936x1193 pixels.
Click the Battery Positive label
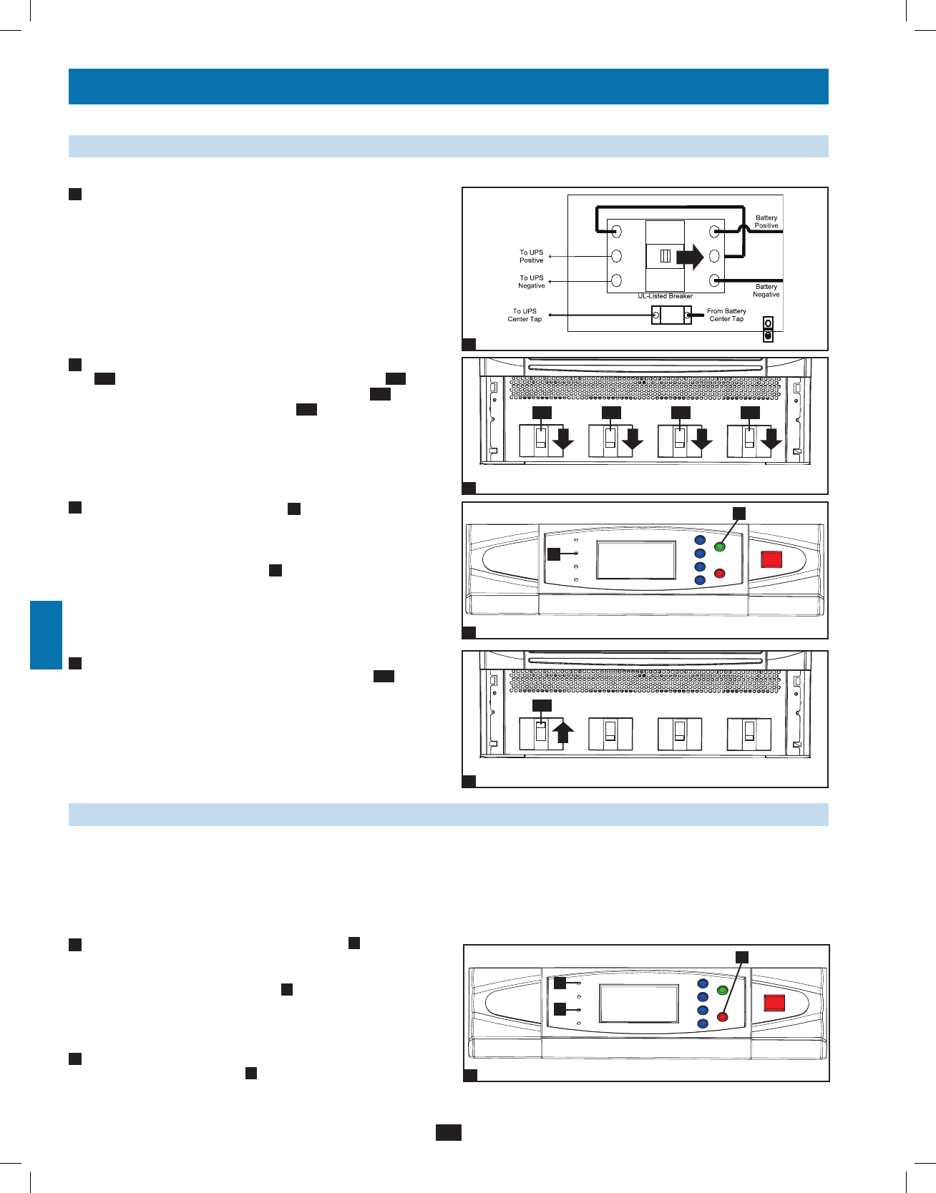click(x=766, y=222)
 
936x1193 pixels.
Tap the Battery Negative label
click(x=766, y=290)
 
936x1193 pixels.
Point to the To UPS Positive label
click(x=531, y=256)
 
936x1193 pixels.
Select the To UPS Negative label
click(x=531, y=282)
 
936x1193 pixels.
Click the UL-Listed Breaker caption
click(x=665, y=296)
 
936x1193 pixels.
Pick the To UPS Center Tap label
click(x=525, y=315)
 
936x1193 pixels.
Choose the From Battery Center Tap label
click(x=726, y=315)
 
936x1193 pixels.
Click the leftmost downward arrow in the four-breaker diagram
click(x=564, y=440)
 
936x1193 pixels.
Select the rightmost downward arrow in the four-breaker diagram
click(x=771, y=440)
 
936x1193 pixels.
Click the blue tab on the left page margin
click(x=46, y=635)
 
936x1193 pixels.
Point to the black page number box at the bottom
click(x=448, y=1132)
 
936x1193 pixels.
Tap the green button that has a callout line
click(x=720, y=547)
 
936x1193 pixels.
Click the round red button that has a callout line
click(x=722, y=1017)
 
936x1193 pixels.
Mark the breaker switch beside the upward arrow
click(x=542, y=732)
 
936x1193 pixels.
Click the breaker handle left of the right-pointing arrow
click(x=665, y=256)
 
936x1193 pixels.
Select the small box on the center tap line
click(x=671, y=315)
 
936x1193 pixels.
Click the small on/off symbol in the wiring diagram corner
click(x=768, y=329)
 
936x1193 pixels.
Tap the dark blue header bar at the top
click(x=448, y=87)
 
